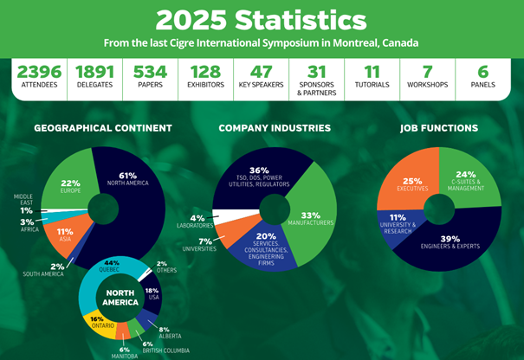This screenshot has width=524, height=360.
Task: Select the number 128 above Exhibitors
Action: [206, 72]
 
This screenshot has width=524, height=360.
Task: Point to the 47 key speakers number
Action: [262, 72]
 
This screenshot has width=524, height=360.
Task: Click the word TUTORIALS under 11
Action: [372, 86]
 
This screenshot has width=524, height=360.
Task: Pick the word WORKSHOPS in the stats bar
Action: [427, 86]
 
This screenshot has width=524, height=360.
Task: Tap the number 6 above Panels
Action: [483, 72]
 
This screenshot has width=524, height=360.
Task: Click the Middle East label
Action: [23, 200]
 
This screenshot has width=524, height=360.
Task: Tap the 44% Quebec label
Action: [111, 265]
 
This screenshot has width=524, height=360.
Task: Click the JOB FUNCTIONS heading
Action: [438, 128]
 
